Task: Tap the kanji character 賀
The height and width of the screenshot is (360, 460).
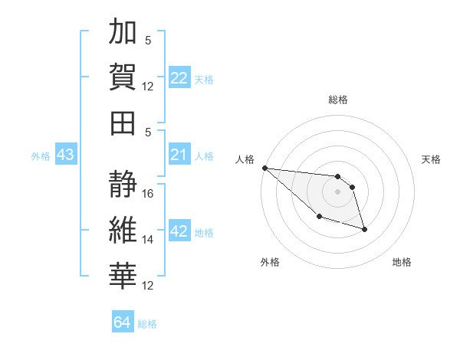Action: (123, 77)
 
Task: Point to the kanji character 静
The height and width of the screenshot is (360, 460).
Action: (123, 185)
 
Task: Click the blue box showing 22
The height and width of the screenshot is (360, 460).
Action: (179, 77)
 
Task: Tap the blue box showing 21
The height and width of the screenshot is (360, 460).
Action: (179, 155)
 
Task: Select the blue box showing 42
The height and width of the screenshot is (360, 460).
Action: (179, 232)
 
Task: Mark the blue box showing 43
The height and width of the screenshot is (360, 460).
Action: (65, 155)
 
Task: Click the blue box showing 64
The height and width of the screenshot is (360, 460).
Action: (123, 322)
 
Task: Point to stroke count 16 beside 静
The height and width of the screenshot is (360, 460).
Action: (149, 193)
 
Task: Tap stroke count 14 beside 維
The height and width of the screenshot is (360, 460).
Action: (149, 239)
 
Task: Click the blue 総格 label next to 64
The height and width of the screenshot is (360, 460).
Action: (147, 324)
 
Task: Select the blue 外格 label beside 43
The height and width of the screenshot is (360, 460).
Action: (41, 156)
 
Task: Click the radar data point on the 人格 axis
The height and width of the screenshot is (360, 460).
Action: (264, 168)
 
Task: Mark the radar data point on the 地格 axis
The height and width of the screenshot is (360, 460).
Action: (364, 229)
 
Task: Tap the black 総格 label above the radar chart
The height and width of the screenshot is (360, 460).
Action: (337, 100)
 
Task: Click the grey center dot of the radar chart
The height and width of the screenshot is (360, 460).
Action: (337, 191)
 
